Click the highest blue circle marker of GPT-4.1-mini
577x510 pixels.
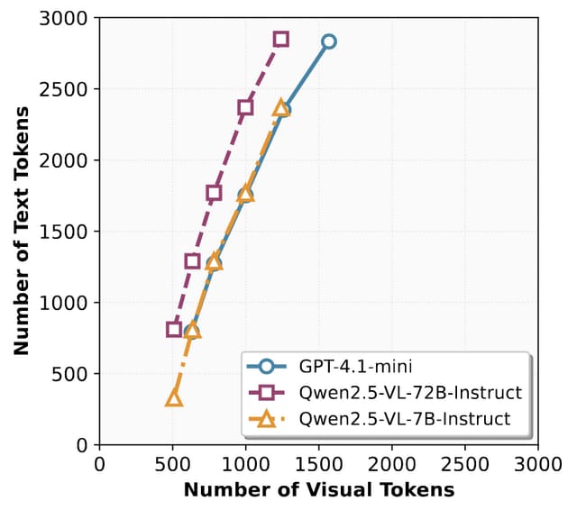click(329, 41)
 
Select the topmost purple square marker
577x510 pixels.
click(281, 39)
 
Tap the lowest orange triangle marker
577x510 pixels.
click(174, 398)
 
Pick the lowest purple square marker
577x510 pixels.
click(174, 329)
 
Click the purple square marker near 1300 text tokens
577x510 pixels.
click(192, 261)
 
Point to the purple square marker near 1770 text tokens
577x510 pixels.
click(214, 193)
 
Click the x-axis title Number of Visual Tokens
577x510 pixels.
click(318, 490)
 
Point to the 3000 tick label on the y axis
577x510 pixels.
click(70, 19)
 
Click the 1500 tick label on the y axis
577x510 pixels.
click(70, 232)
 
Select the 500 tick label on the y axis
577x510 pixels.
click(76, 374)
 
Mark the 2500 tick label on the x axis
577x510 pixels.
click(464, 464)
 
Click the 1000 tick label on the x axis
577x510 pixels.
click(245, 464)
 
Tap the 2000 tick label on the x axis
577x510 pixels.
click(391, 464)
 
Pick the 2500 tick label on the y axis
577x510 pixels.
click(70, 90)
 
